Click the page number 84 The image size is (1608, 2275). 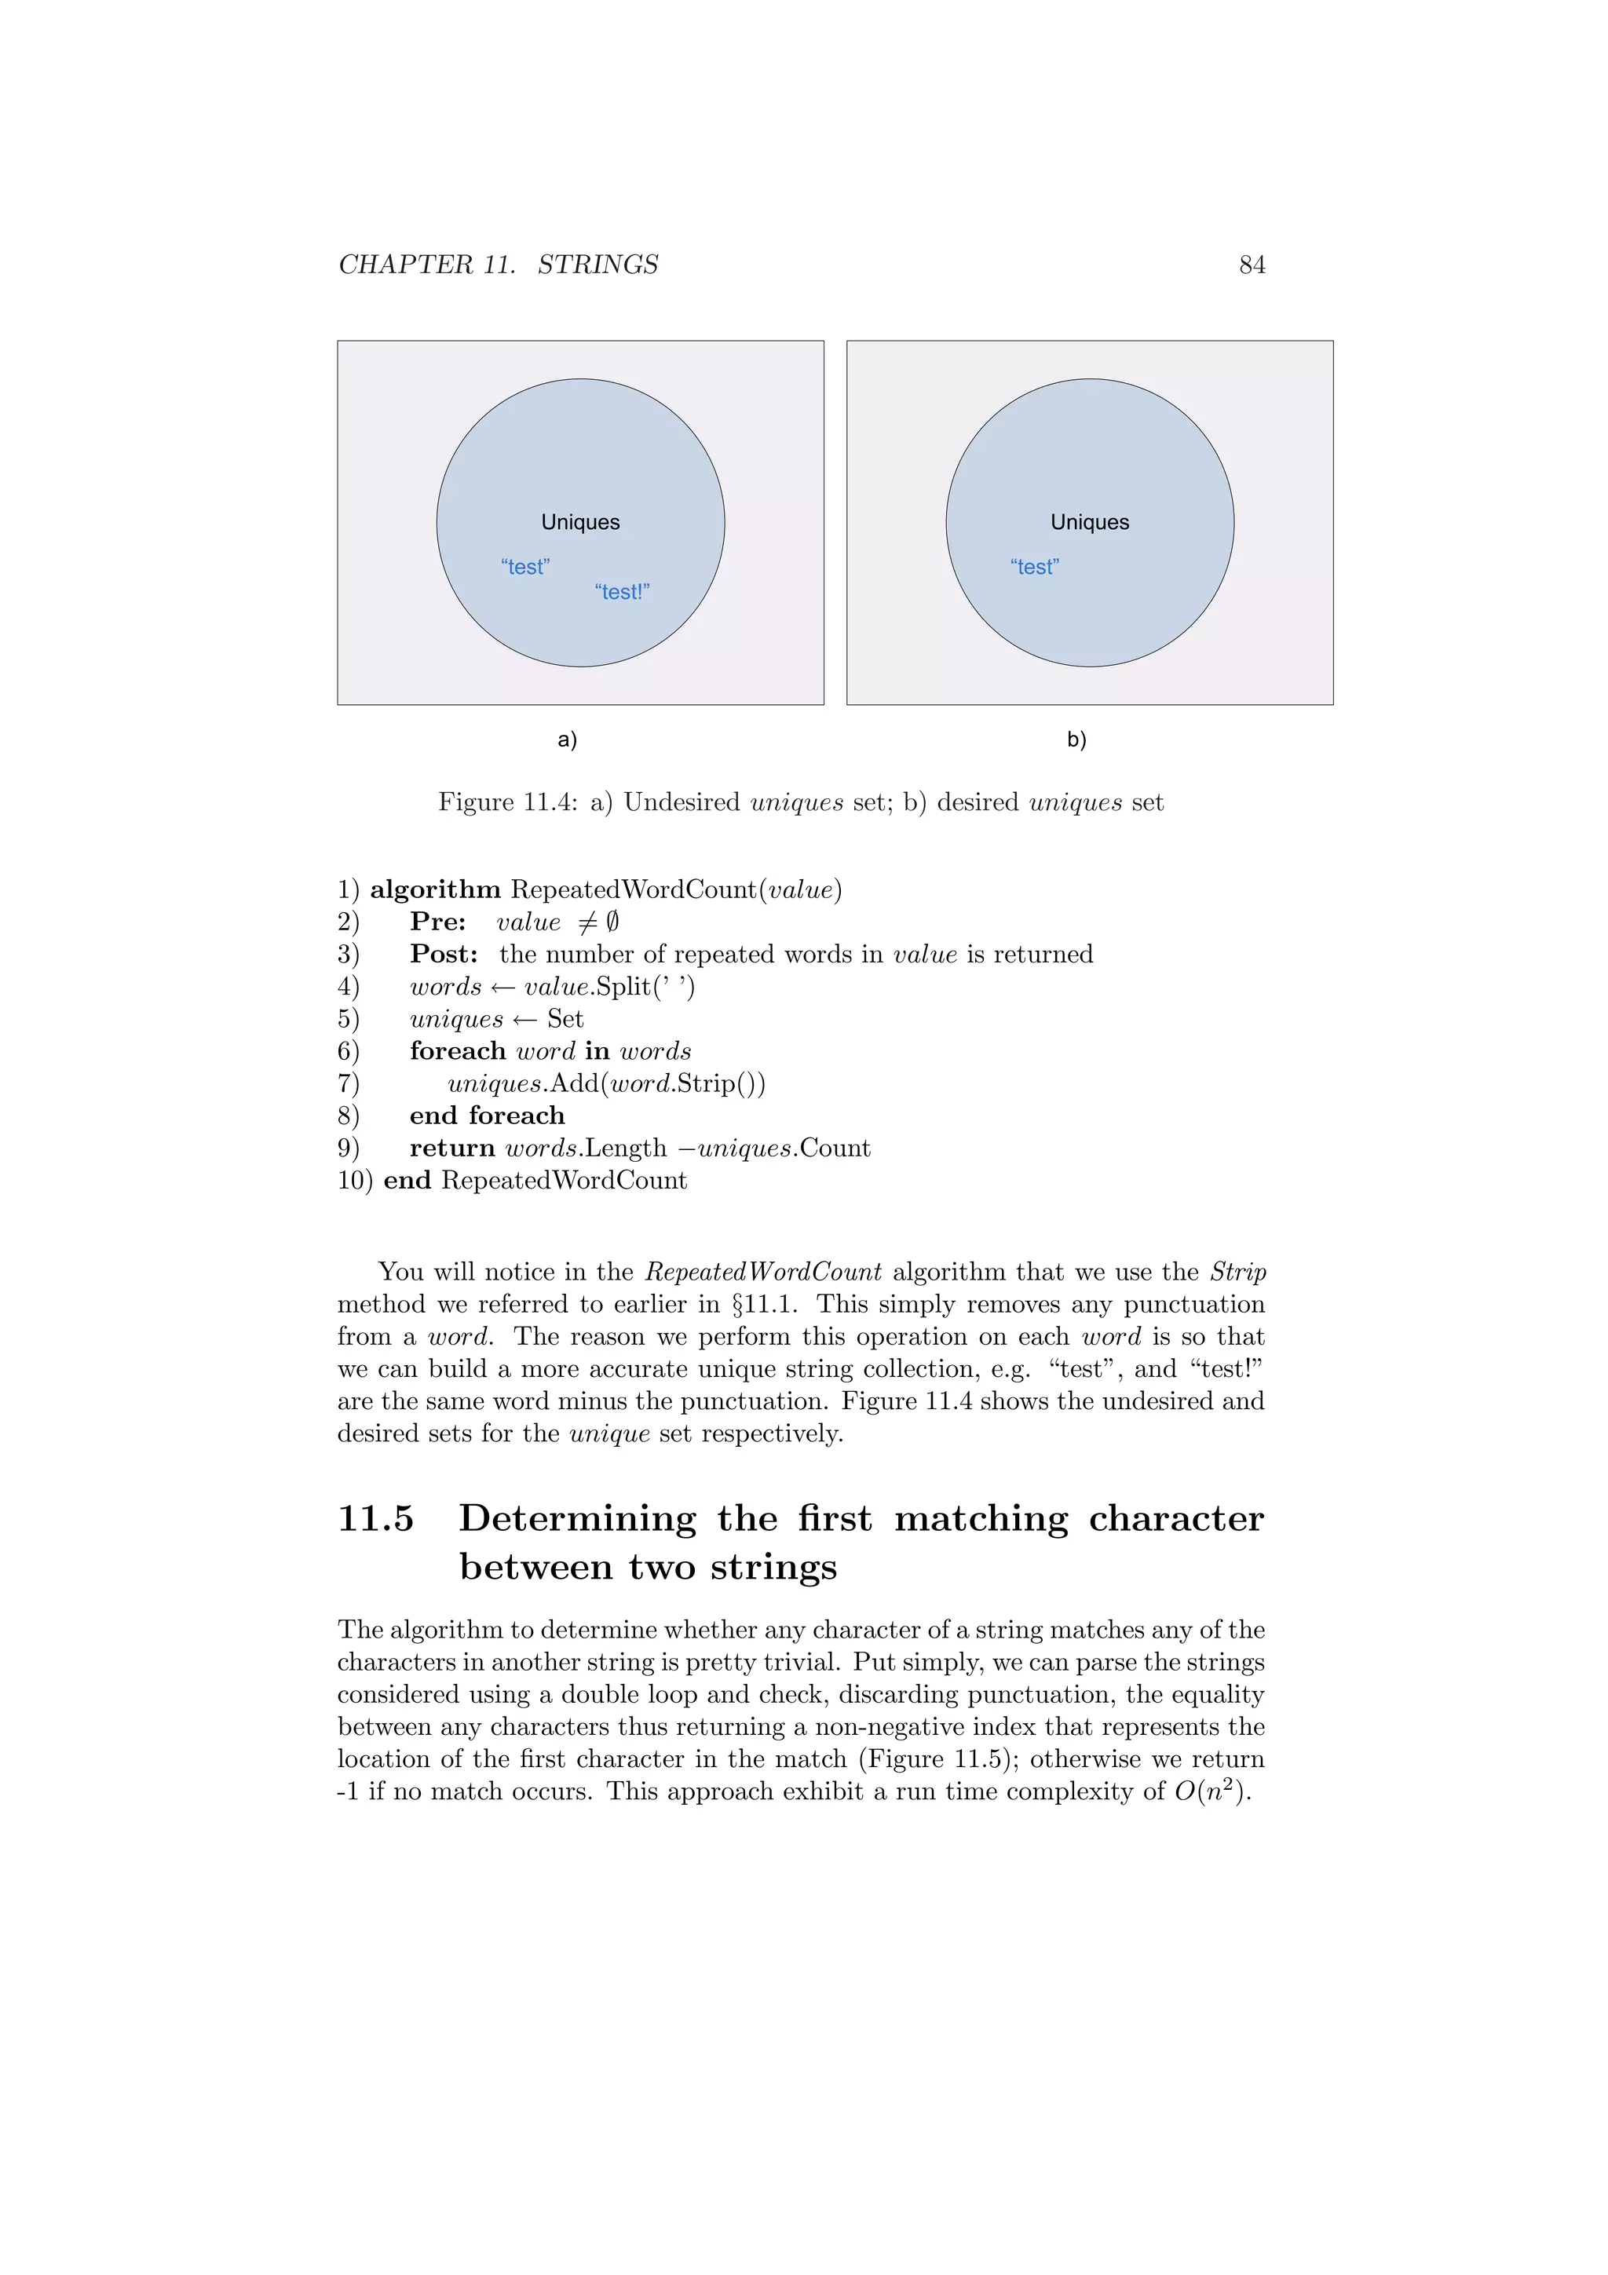coord(1252,265)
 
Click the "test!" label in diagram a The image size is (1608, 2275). coord(622,592)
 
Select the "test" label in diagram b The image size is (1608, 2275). coord(1034,567)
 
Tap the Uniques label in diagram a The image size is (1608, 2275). coord(580,522)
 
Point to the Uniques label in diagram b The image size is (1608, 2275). coord(1090,522)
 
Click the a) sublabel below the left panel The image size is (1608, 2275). coord(568,739)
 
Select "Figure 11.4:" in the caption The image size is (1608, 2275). coord(507,802)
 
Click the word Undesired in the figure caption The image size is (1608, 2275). coord(682,802)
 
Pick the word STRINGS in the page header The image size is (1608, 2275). coord(598,265)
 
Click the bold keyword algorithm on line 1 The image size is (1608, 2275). coord(435,889)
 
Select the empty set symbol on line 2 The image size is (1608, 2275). coord(612,922)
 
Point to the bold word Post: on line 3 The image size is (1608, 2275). coord(444,954)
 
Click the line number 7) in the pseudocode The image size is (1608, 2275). coord(348,1083)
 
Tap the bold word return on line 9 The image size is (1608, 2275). coord(451,1148)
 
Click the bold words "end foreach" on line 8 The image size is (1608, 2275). coord(487,1116)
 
